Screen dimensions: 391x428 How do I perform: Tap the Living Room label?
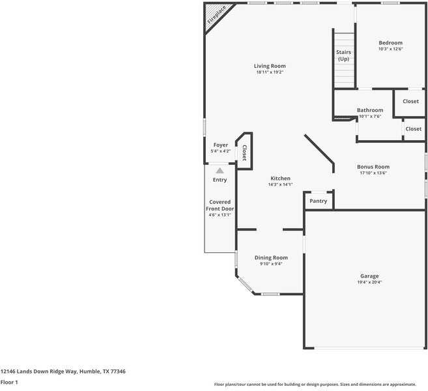pyautogui.click(x=270, y=66)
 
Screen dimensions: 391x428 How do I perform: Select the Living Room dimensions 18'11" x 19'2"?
pyautogui.click(x=270, y=72)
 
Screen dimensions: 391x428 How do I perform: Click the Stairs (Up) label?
pyautogui.click(x=344, y=55)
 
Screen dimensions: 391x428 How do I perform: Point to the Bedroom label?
pyautogui.click(x=391, y=43)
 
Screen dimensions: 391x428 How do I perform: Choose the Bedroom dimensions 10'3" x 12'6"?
pyautogui.click(x=391, y=50)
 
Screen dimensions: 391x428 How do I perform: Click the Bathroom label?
pyautogui.click(x=370, y=110)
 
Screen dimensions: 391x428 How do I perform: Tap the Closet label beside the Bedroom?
pyautogui.click(x=410, y=102)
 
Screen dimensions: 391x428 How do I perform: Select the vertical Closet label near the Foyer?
pyautogui.click(x=244, y=153)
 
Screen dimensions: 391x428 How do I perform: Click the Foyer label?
pyautogui.click(x=221, y=145)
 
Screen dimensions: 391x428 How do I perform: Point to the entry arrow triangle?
pyautogui.click(x=220, y=170)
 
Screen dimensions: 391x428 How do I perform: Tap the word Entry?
pyautogui.click(x=220, y=180)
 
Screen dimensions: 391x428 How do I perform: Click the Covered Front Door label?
pyautogui.click(x=220, y=205)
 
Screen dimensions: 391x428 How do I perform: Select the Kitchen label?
pyautogui.click(x=281, y=178)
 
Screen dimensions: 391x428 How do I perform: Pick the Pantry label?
pyautogui.click(x=319, y=201)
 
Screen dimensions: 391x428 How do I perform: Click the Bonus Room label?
pyautogui.click(x=373, y=167)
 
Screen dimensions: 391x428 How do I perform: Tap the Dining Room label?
pyautogui.click(x=271, y=257)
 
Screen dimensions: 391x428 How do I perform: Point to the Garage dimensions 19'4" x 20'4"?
pyautogui.click(x=369, y=283)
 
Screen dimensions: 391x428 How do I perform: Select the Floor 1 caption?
pyautogui.click(x=9, y=383)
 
